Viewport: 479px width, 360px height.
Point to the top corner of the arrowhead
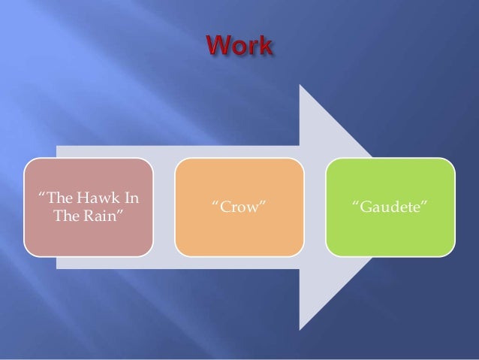click(x=300, y=85)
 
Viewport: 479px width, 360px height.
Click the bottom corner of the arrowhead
click(x=300, y=329)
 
